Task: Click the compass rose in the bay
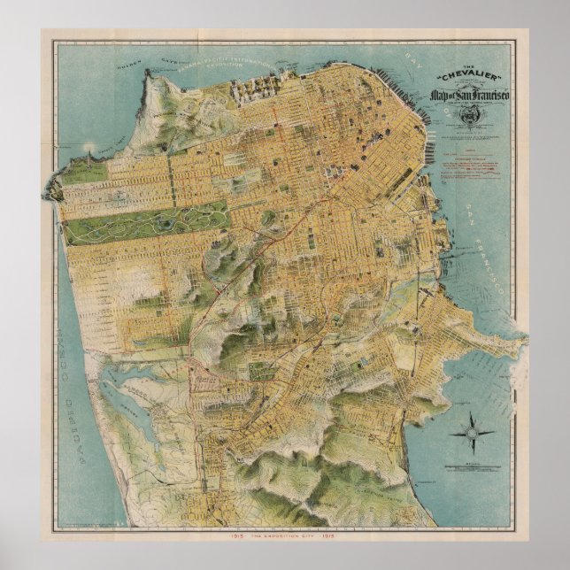click(472, 433)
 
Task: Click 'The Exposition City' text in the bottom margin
click(285, 538)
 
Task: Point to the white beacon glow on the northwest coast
click(87, 145)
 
